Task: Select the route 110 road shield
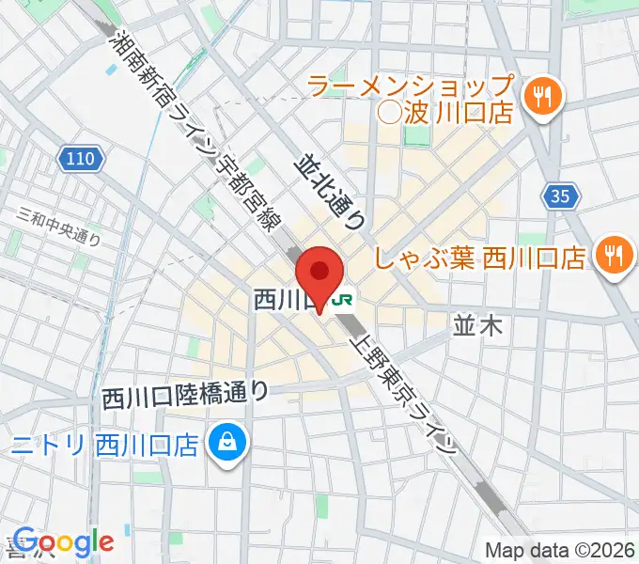click(x=81, y=159)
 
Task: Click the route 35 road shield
click(x=559, y=196)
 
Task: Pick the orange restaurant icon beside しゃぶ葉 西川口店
click(x=615, y=256)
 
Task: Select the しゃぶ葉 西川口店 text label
click(x=480, y=256)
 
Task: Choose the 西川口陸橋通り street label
click(x=186, y=395)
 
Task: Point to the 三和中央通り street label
click(x=58, y=227)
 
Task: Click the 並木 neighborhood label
click(x=478, y=326)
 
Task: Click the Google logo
click(x=63, y=542)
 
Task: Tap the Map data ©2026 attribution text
click(x=560, y=550)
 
